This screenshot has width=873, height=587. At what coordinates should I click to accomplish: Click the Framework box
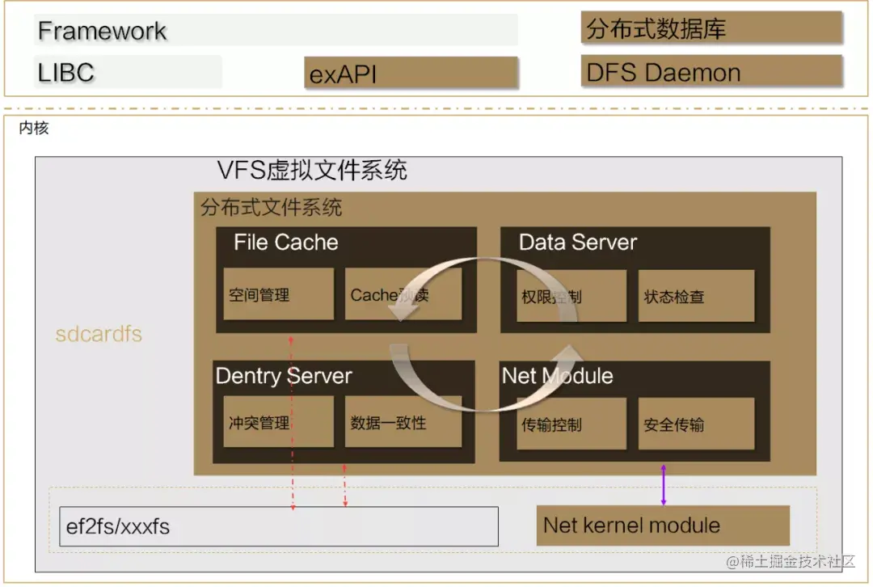click(276, 31)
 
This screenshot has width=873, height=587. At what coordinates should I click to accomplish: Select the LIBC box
click(128, 72)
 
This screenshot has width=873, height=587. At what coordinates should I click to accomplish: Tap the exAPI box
click(411, 74)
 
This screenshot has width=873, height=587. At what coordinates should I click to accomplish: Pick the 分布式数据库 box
click(711, 29)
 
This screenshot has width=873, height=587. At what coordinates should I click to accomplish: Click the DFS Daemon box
click(711, 72)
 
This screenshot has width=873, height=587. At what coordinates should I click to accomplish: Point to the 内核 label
click(34, 128)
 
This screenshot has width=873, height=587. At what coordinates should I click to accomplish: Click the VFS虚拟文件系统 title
click(312, 171)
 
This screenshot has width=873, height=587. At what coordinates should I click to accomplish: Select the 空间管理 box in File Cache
click(278, 294)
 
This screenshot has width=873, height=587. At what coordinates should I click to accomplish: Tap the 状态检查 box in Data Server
click(695, 296)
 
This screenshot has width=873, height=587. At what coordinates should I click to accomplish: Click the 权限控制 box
click(571, 296)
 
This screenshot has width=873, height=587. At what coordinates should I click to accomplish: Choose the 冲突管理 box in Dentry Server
click(278, 422)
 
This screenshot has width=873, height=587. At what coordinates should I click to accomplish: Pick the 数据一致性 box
click(403, 422)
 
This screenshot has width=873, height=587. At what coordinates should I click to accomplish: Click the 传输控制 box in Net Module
click(571, 424)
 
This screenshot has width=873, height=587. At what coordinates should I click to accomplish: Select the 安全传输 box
click(695, 424)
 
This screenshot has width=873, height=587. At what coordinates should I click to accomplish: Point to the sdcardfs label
click(99, 334)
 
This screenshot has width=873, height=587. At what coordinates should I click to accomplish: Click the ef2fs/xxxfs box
click(279, 527)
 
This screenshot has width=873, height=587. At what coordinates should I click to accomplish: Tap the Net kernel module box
click(663, 526)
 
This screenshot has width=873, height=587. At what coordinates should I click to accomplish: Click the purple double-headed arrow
click(664, 485)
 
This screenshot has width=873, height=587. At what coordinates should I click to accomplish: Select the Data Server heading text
click(577, 242)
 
